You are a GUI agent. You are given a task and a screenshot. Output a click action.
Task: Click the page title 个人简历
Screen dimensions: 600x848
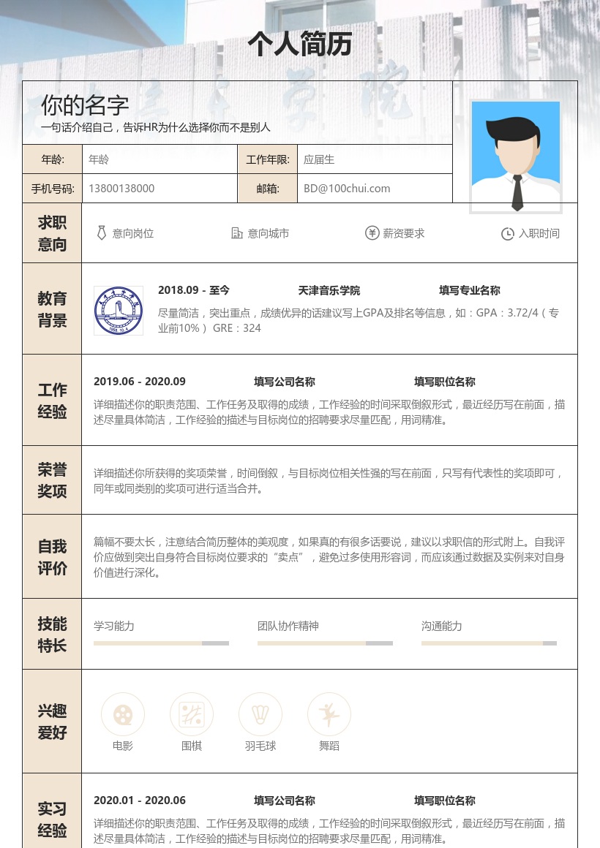click(x=300, y=45)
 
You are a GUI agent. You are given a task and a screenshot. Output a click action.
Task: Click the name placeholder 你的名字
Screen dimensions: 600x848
click(x=85, y=105)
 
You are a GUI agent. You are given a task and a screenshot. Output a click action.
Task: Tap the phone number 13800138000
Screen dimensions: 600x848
click(x=121, y=189)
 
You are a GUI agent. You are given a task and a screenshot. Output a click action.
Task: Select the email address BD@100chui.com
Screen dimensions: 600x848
click(x=347, y=189)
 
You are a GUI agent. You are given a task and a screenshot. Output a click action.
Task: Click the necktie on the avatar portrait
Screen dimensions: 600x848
click(x=517, y=192)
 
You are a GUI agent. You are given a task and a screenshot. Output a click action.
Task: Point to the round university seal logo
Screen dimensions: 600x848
click(x=119, y=311)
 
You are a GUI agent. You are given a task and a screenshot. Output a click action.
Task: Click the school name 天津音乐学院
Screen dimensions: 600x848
click(x=329, y=290)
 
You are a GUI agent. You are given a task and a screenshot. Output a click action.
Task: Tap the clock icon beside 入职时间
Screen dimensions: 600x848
click(x=508, y=234)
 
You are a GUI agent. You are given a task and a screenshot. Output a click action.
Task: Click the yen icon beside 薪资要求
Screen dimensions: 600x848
click(x=372, y=233)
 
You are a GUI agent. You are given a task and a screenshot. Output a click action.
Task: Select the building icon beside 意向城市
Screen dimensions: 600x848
click(x=237, y=233)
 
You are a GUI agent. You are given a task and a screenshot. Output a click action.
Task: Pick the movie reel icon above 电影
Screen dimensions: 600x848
click(x=123, y=714)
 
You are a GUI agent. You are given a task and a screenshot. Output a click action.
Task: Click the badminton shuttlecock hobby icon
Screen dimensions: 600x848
click(x=260, y=714)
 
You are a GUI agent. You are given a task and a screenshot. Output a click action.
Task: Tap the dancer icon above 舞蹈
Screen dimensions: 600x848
click(x=329, y=714)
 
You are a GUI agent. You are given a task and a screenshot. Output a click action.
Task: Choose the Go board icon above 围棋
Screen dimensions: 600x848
click(x=192, y=714)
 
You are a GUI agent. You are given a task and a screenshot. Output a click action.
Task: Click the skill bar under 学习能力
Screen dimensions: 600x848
click(x=161, y=643)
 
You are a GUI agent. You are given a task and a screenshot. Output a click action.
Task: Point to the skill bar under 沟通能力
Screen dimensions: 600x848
click(x=489, y=643)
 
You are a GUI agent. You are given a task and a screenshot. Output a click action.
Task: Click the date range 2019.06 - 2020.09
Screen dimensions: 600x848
click(x=140, y=382)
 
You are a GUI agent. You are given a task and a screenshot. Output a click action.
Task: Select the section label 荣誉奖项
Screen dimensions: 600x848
click(x=52, y=480)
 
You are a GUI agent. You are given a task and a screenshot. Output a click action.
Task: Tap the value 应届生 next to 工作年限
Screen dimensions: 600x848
click(x=319, y=159)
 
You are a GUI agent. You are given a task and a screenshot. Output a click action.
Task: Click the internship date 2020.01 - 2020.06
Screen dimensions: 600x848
click(x=140, y=800)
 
